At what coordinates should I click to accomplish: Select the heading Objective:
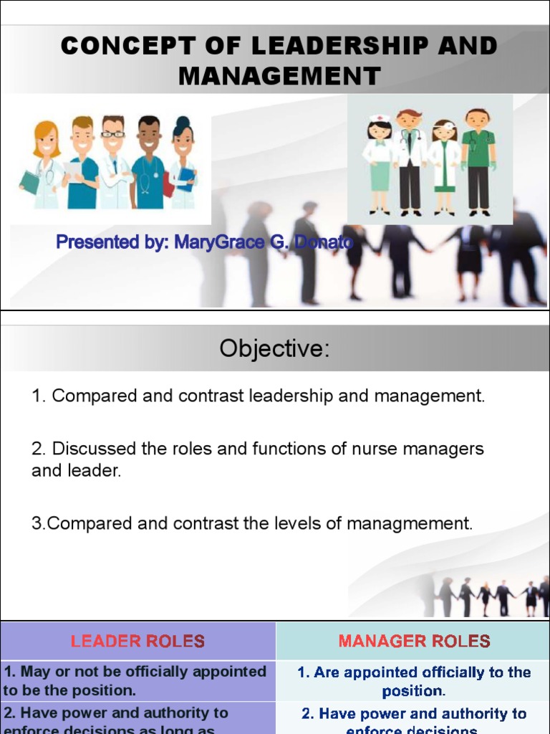[x=275, y=349]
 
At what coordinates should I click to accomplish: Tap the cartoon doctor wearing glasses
[x=113, y=162]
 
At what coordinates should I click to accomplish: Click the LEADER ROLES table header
[x=137, y=641]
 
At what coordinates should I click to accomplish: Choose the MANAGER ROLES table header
[x=414, y=641]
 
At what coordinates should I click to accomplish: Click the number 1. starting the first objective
[x=39, y=396]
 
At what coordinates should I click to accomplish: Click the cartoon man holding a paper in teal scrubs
[x=81, y=163]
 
